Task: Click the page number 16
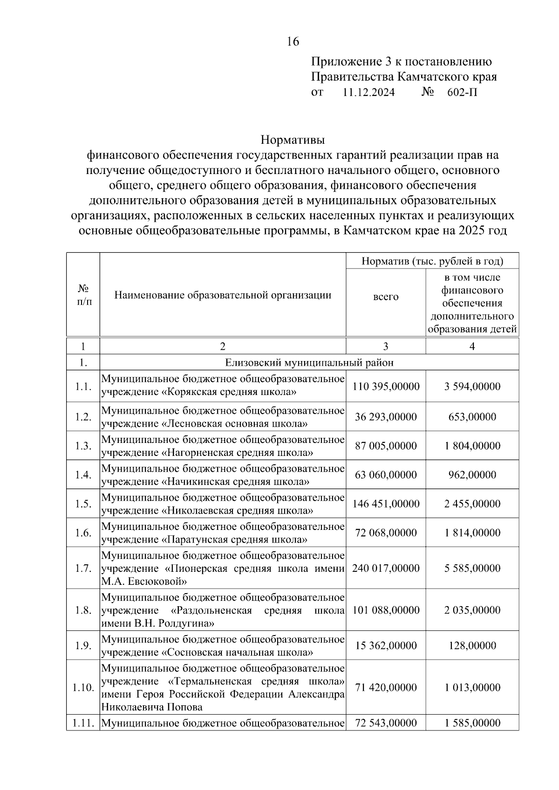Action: [293, 42]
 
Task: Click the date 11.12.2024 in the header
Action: [368, 93]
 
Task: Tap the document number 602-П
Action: [462, 93]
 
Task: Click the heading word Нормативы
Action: [293, 140]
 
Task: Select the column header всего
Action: [386, 297]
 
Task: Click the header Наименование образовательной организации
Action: [223, 295]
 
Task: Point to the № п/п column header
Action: [83, 295]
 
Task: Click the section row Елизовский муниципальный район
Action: [309, 363]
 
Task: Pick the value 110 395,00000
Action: [386, 387]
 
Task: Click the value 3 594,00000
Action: [472, 387]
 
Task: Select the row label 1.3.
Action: [83, 446]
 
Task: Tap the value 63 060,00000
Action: [386, 475]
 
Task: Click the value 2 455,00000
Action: [472, 504]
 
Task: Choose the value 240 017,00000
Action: [386, 568]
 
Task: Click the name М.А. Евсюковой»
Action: [144, 581]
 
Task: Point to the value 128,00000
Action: [472, 646]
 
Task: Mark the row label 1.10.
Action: [83, 688]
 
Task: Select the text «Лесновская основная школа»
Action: [234, 424]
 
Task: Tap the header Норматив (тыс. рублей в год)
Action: [432, 261]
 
